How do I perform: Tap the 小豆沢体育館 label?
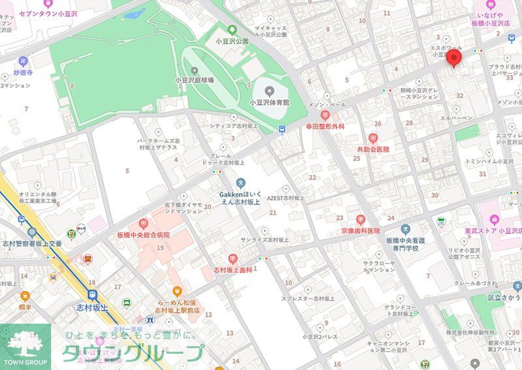268,103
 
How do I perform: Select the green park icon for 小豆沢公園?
232,29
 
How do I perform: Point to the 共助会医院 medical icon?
373,138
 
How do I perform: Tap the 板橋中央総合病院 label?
144,234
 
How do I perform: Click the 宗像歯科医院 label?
360,231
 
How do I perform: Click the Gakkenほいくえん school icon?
241,183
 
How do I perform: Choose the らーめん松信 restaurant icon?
176,292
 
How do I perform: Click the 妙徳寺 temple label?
22,72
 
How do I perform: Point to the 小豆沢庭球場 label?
194,80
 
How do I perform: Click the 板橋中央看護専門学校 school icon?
406,229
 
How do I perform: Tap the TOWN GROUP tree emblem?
23,343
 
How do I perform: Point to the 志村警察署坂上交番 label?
31,243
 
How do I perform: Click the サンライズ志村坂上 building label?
264,239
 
